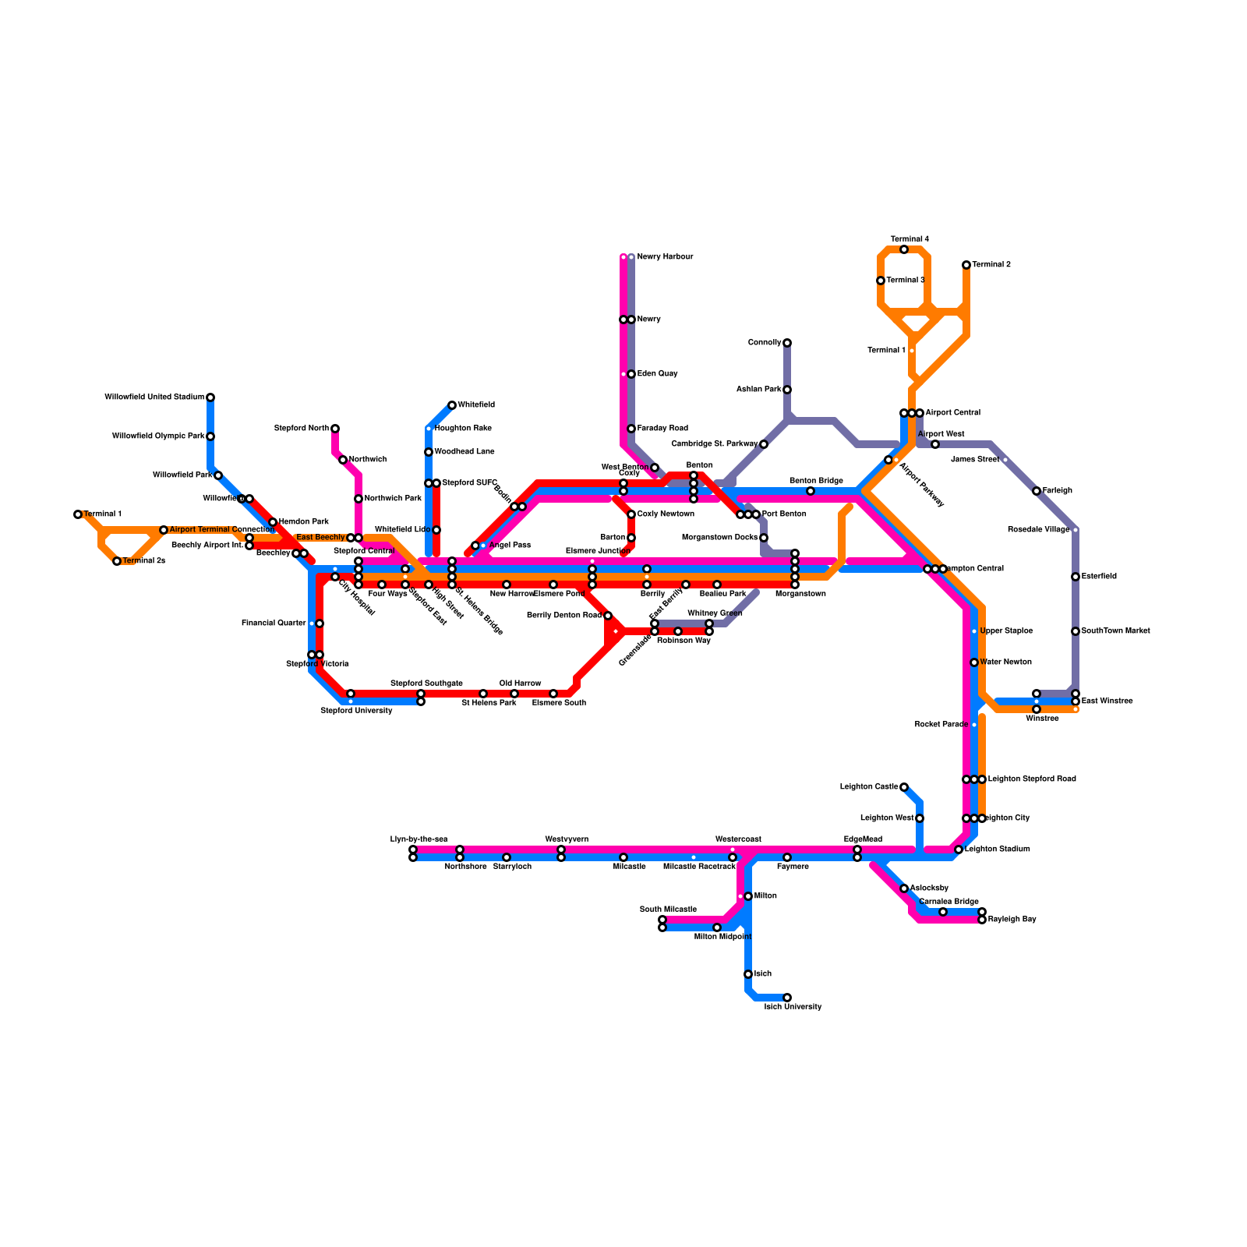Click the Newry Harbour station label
click(664, 257)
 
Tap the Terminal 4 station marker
click(904, 249)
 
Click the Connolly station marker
click(787, 343)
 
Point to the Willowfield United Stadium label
click(154, 397)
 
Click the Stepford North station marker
click(335, 429)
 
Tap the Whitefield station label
click(476, 405)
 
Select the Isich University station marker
click(787, 998)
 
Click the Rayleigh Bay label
click(1012, 920)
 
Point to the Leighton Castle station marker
click(904, 787)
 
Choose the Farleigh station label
click(1057, 491)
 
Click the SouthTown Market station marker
click(1076, 631)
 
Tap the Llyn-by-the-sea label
click(419, 839)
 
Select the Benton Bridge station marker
click(811, 491)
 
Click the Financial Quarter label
click(274, 623)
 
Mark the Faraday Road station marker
click(631, 429)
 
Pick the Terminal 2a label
click(143, 561)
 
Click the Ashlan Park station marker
click(787, 390)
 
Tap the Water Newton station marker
click(974, 662)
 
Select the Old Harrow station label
click(520, 684)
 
